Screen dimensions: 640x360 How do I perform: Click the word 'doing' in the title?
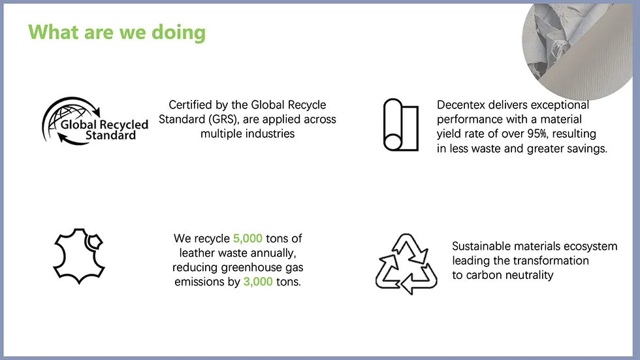tap(178, 33)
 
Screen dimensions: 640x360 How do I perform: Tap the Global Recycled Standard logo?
tap(95, 122)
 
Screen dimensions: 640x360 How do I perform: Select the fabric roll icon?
tap(401, 125)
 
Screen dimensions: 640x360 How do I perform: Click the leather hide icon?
tap(79, 256)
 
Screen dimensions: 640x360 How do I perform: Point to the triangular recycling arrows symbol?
tap(406, 264)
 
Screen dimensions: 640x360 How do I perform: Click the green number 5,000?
tap(248, 238)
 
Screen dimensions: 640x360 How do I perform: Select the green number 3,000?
tap(258, 282)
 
